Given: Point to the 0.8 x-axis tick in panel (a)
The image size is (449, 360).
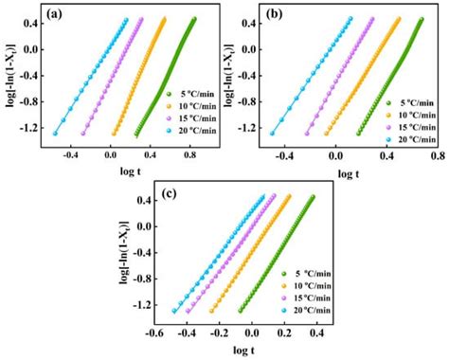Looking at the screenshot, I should pos(191,151).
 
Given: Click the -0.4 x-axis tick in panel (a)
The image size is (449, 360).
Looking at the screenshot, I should pos(71,151).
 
